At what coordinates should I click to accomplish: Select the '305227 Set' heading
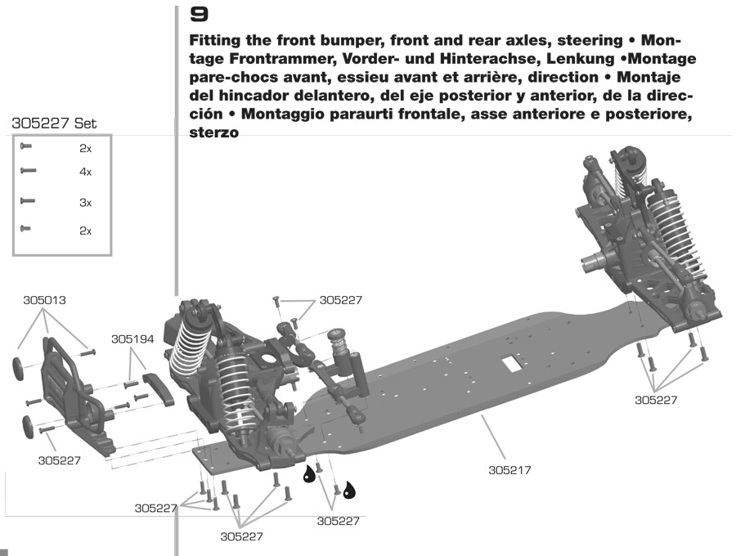(x=54, y=124)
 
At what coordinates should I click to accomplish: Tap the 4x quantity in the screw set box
(x=86, y=172)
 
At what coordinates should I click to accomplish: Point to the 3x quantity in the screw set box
(x=86, y=202)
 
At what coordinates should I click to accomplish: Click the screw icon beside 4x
(x=29, y=171)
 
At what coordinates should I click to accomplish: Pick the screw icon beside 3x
(x=29, y=200)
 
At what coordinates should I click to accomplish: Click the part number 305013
(x=44, y=300)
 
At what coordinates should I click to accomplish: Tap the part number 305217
(x=510, y=471)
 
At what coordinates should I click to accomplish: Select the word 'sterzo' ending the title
(x=213, y=133)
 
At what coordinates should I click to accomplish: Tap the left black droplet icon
(x=311, y=473)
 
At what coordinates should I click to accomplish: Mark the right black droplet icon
(x=350, y=490)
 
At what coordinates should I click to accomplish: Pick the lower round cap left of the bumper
(x=28, y=425)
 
